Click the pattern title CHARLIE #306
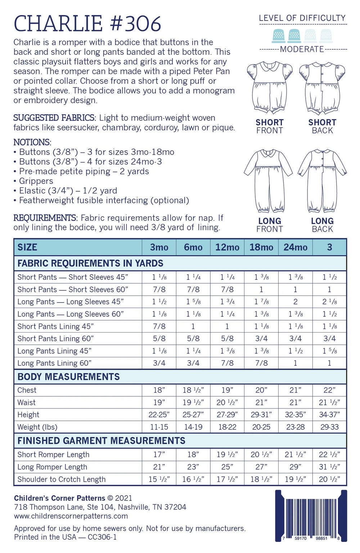pyautogui.click(x=87, y=24)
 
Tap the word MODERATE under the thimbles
pyautogui.click(x=302, y=49)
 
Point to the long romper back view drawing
pyautogui.click(x=322, y=181)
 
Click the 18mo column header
pyautogui.click(x=261, y=247)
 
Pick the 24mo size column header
pyautogui.click(x=295, y=247)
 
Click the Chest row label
pyautogui.click(x=27, y=390)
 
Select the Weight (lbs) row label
pyautogui.click(x=37, y=427)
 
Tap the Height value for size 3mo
pyautogui.click(x=159, y=415)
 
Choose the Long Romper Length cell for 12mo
pyautogui.click(x=227, y=467)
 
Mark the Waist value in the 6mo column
pyautogui.click(x=193, y=402)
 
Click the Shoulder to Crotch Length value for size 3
pyautogui.click(x=329, y=479)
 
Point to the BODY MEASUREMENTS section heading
pyautogui.click(x=68, y=377)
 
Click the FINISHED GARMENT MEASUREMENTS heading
pyautogui.click(x=101, y=441)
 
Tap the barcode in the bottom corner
pyautogui.click(x=311, y=516)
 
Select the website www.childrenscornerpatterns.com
pyautogui.click(x=71, y=516)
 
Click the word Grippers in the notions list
pyautogui.click(x=36, y=181)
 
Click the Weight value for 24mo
pyautogui.click(x=295, y=427)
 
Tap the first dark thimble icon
pyautogui.click(x=279, y=36)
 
